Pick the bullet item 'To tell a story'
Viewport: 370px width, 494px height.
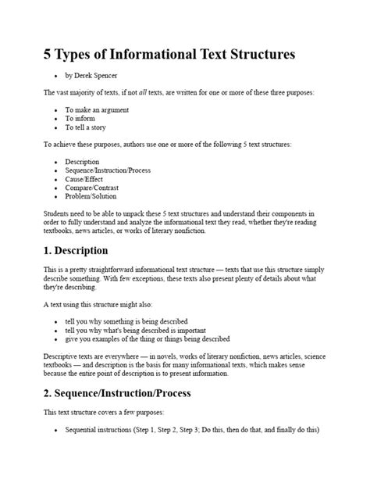point(87,127)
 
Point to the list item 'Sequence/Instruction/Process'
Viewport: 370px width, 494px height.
point(108,170)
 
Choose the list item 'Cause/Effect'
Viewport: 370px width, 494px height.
point(85,179)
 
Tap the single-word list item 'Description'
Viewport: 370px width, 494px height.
point(82,162)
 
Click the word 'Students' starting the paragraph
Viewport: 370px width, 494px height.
point(56,213)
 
